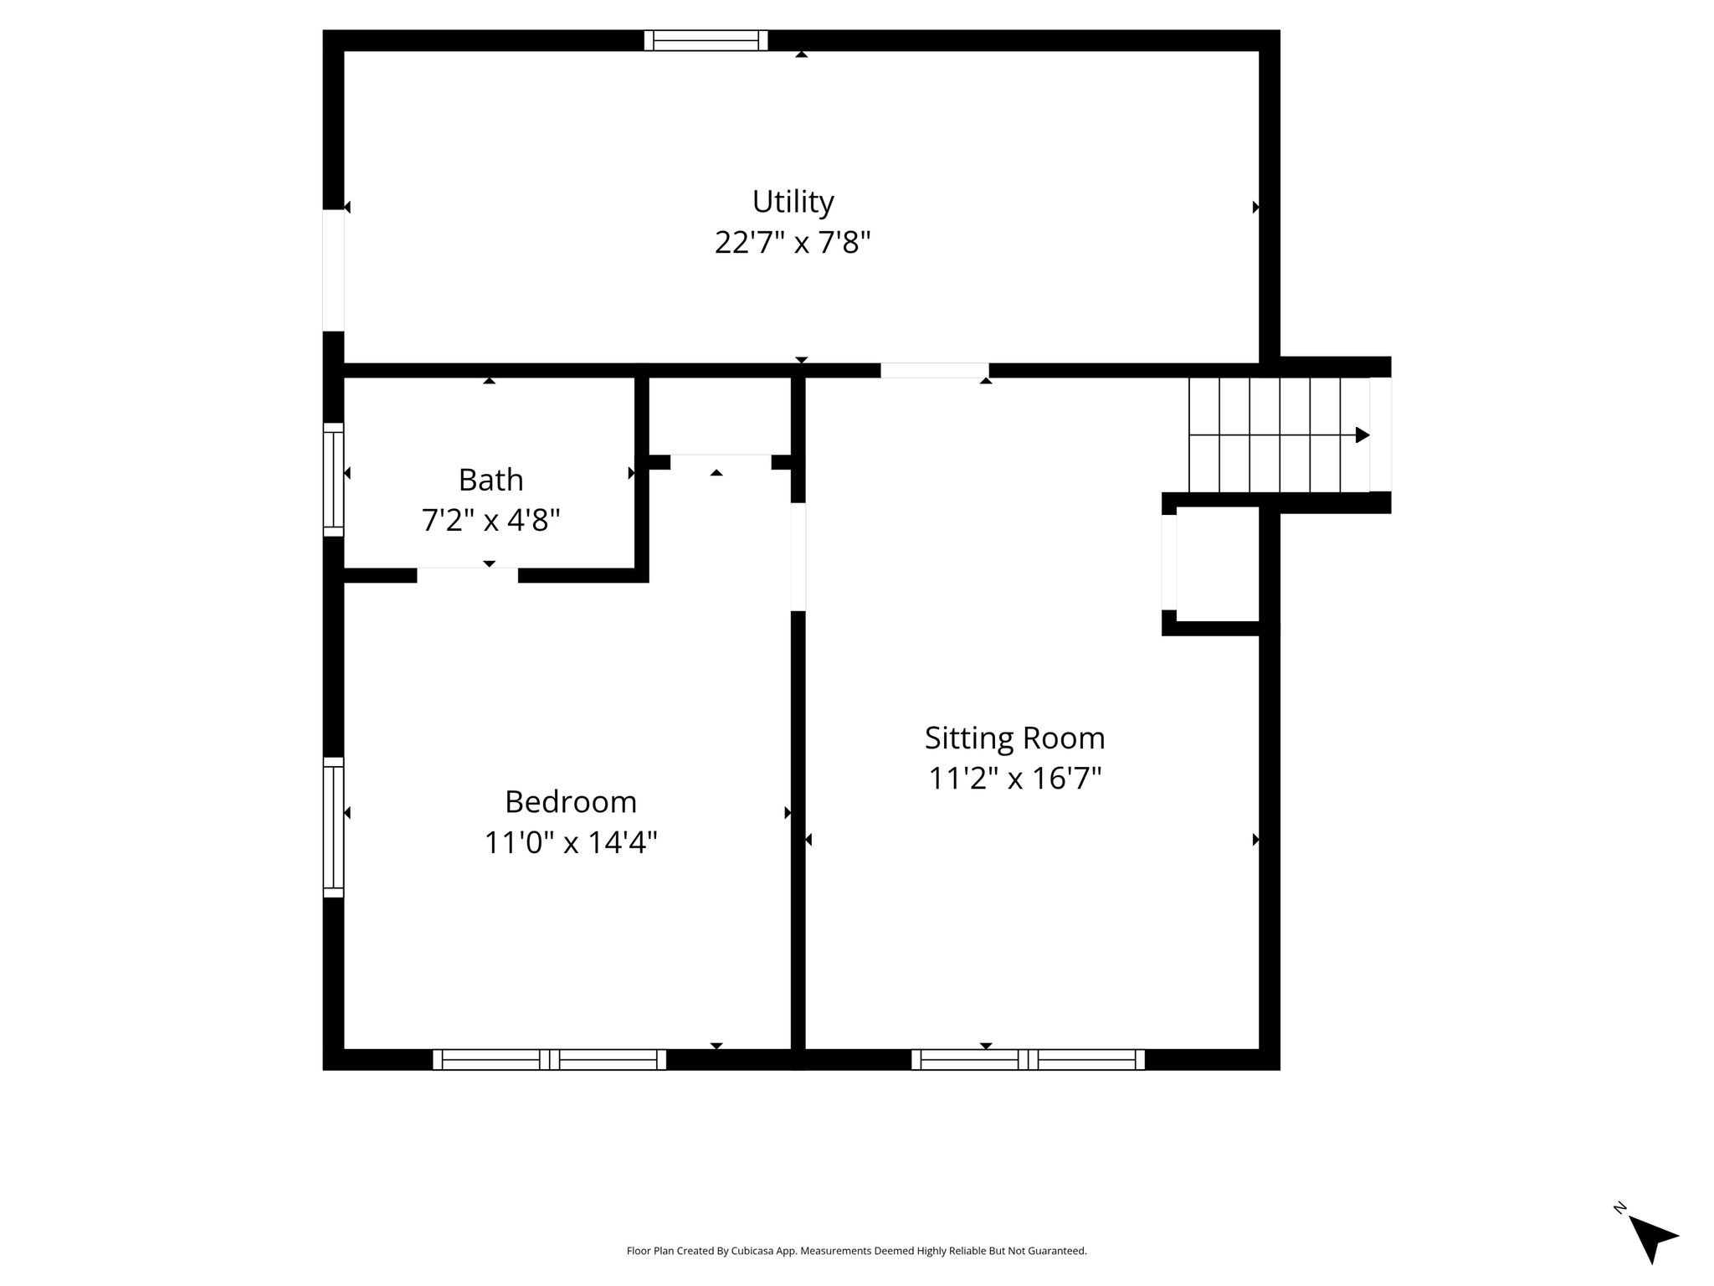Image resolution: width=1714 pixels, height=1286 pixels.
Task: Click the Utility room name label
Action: [793, 202]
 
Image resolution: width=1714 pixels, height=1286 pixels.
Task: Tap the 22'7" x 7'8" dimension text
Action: [793, 243]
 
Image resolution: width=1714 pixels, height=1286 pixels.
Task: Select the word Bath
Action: [490, 480]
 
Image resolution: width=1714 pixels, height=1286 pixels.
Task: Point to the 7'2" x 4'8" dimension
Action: [490, 520]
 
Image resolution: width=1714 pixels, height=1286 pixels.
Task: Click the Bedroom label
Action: [571, 802]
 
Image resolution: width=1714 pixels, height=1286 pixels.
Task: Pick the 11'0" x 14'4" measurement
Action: [571, 842]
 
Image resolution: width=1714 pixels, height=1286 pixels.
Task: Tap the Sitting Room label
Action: [1014, 738]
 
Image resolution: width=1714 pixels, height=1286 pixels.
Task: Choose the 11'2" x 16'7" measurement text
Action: [1014, 779]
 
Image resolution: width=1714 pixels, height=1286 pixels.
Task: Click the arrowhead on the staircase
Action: [1362, 435]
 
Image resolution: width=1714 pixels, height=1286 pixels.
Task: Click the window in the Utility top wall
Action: [706, 40]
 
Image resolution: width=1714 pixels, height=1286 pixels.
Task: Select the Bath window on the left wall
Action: [333, 479]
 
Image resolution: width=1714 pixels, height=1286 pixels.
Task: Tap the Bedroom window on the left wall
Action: [333, 827]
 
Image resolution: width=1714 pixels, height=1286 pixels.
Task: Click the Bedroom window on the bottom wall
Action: [550, 1060]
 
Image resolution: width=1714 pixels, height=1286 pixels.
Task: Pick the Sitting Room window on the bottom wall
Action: [1029, 1060]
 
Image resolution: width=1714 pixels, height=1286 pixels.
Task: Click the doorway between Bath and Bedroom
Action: [468, 575]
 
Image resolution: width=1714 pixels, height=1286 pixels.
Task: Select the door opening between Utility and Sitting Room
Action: [935, 370]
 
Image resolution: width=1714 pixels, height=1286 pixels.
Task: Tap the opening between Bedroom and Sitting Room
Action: [798, 557]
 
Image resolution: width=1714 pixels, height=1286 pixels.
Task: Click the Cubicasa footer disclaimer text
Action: [856, 1251]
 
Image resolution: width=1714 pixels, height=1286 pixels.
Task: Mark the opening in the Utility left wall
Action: [333, 270]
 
